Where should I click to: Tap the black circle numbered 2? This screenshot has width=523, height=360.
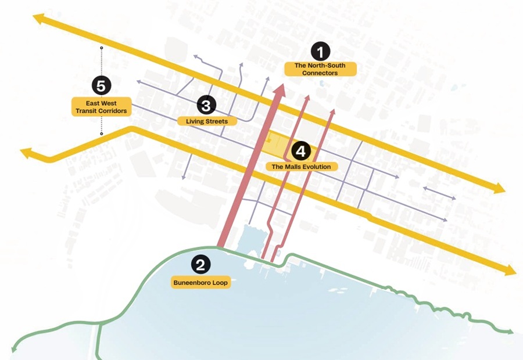(x=200, y=267)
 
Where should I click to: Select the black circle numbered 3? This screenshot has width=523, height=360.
(x=206, y=106)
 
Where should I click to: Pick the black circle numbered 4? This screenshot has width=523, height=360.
(x=300, y=152)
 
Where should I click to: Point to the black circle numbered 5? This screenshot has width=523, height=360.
(x=101, y=87)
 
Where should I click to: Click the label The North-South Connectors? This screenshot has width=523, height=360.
(x=320, y=69)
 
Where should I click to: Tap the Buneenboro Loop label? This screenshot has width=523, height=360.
(x=199, y=283)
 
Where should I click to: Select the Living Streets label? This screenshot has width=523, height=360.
(x=207, y=121)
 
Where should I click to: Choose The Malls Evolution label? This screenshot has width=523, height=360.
(x=302, y=167)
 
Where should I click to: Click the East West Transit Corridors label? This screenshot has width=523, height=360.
(x=101, y=106)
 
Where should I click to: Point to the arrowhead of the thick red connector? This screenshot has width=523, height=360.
(x=280, y=89)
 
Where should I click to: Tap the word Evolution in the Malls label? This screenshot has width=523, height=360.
(x=317, y=167)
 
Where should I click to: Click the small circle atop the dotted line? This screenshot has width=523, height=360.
(x=102, y=48)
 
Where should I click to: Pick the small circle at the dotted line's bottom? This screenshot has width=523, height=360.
(x=102, y=134)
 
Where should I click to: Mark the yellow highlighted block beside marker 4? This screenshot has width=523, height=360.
(x=277, y=145)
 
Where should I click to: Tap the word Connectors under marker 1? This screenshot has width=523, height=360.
(x=320, y=73)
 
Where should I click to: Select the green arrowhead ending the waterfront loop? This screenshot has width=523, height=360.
(x=511, y=332)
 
